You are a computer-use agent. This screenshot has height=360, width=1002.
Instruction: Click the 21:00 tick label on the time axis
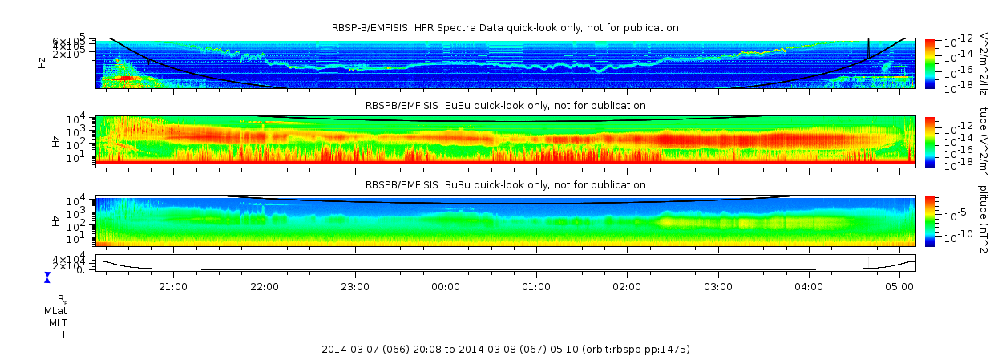pyautogui.click(x=173, y=286)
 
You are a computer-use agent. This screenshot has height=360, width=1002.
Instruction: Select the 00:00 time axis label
pyautogui.click(x=446, y=286)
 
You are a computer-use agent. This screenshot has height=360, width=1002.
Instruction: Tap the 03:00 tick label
pyautogui.click(x=718, y=286)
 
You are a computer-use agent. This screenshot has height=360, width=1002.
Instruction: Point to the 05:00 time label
pyautogui.click(x=899, y=286)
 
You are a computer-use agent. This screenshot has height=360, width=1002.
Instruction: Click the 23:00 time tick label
pyautogui.click(x=355, y=286)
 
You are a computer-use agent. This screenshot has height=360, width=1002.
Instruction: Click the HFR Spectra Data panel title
pyautogui.click(x=505, y=28)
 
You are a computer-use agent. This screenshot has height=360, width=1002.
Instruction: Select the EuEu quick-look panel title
pyautogui.click(x=505, y=106)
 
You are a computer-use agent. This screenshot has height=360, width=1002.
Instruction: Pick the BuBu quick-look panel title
pyautogui.click(x=505, y=185)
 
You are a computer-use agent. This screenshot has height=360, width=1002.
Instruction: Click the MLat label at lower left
pyautogui.click(x=55, y=310)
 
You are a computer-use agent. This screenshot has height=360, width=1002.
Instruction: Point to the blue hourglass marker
pyautogui.click(x=47, y=277)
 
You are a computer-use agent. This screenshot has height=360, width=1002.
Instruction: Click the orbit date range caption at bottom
pyautogui.click(x=505, y=350)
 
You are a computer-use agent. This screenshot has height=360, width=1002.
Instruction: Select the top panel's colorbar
pyautogui.click(x=930, y=63)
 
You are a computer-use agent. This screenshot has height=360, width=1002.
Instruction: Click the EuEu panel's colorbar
pyautogui.click(x=930, y=141)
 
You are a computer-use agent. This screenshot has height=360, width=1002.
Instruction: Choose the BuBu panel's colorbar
pyautogui.click(x=930, y=220)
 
